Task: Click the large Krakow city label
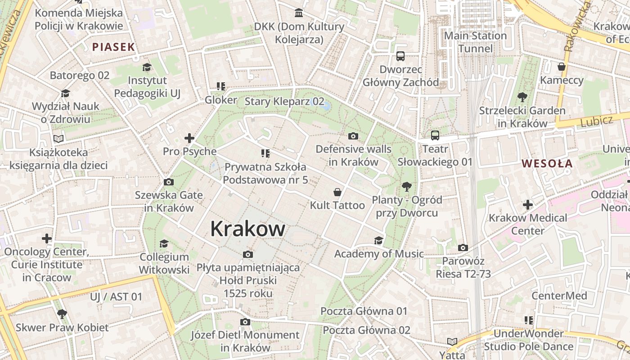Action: coord(247,229)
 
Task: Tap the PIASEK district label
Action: coord(113,47)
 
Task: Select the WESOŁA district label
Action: coord(547,163)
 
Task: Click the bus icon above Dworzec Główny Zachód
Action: coord(400,56)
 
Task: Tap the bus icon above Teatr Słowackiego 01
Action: coord(435,135)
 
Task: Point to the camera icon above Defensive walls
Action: coord(353,136)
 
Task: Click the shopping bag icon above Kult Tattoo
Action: coord(337,192)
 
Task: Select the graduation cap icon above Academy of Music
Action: coord(378,240)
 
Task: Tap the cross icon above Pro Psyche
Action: coord(189,138)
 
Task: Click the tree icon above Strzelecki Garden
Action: coord(522,97)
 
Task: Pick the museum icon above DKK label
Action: coord(299,13)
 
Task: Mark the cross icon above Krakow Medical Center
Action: coord(528,205)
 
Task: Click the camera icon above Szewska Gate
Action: coord(169,182)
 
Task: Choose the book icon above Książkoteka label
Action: coord(58,139)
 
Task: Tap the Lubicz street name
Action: coord(596,121)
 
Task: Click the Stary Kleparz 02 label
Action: coord(284,102)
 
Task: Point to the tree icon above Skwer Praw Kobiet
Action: coord(62,314)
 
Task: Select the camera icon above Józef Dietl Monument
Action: coord(245,322)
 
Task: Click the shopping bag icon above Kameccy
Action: coord(561,67)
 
